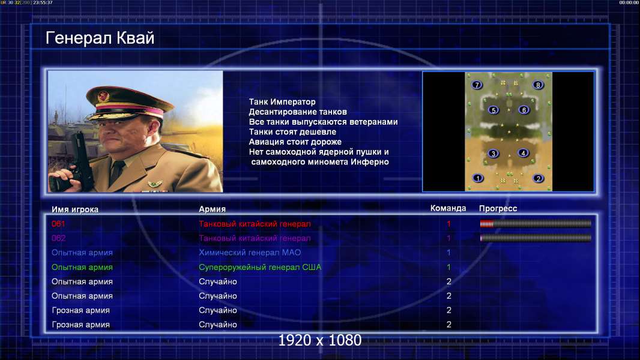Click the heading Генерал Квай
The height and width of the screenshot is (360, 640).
[x=100, y=38]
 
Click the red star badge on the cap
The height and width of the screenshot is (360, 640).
[x=103, y=97]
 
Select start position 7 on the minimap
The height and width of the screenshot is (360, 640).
[x=477, y=85]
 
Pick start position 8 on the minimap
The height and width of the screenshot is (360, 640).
[x=538, y=85]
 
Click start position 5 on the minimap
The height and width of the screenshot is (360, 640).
[x=494, y=110]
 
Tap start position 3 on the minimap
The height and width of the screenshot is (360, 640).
[x=494, y=154]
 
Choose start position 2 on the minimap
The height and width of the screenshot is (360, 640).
[x=539, y=178]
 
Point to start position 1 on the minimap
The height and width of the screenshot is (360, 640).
[x=477, y=178]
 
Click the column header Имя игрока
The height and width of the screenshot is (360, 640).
[x=75, y=209]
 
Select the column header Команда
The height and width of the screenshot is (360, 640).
[x=448, y=208]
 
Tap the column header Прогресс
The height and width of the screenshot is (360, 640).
[x=498, y=209]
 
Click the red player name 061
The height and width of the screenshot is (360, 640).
[x=58, y=224]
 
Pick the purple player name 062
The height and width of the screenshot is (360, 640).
[x=58, y=238]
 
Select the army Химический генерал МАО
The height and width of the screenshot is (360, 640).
[x=250, y=253]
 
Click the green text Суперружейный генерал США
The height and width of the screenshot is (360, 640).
[x=260, y=268]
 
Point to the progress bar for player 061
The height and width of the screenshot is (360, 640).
[x=536, y=223]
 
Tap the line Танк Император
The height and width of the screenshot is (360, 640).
[x=282, y=102]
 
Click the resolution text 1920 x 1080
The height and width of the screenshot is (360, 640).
[x=320, y=340]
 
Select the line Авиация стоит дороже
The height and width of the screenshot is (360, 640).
[x=295, y=142]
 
